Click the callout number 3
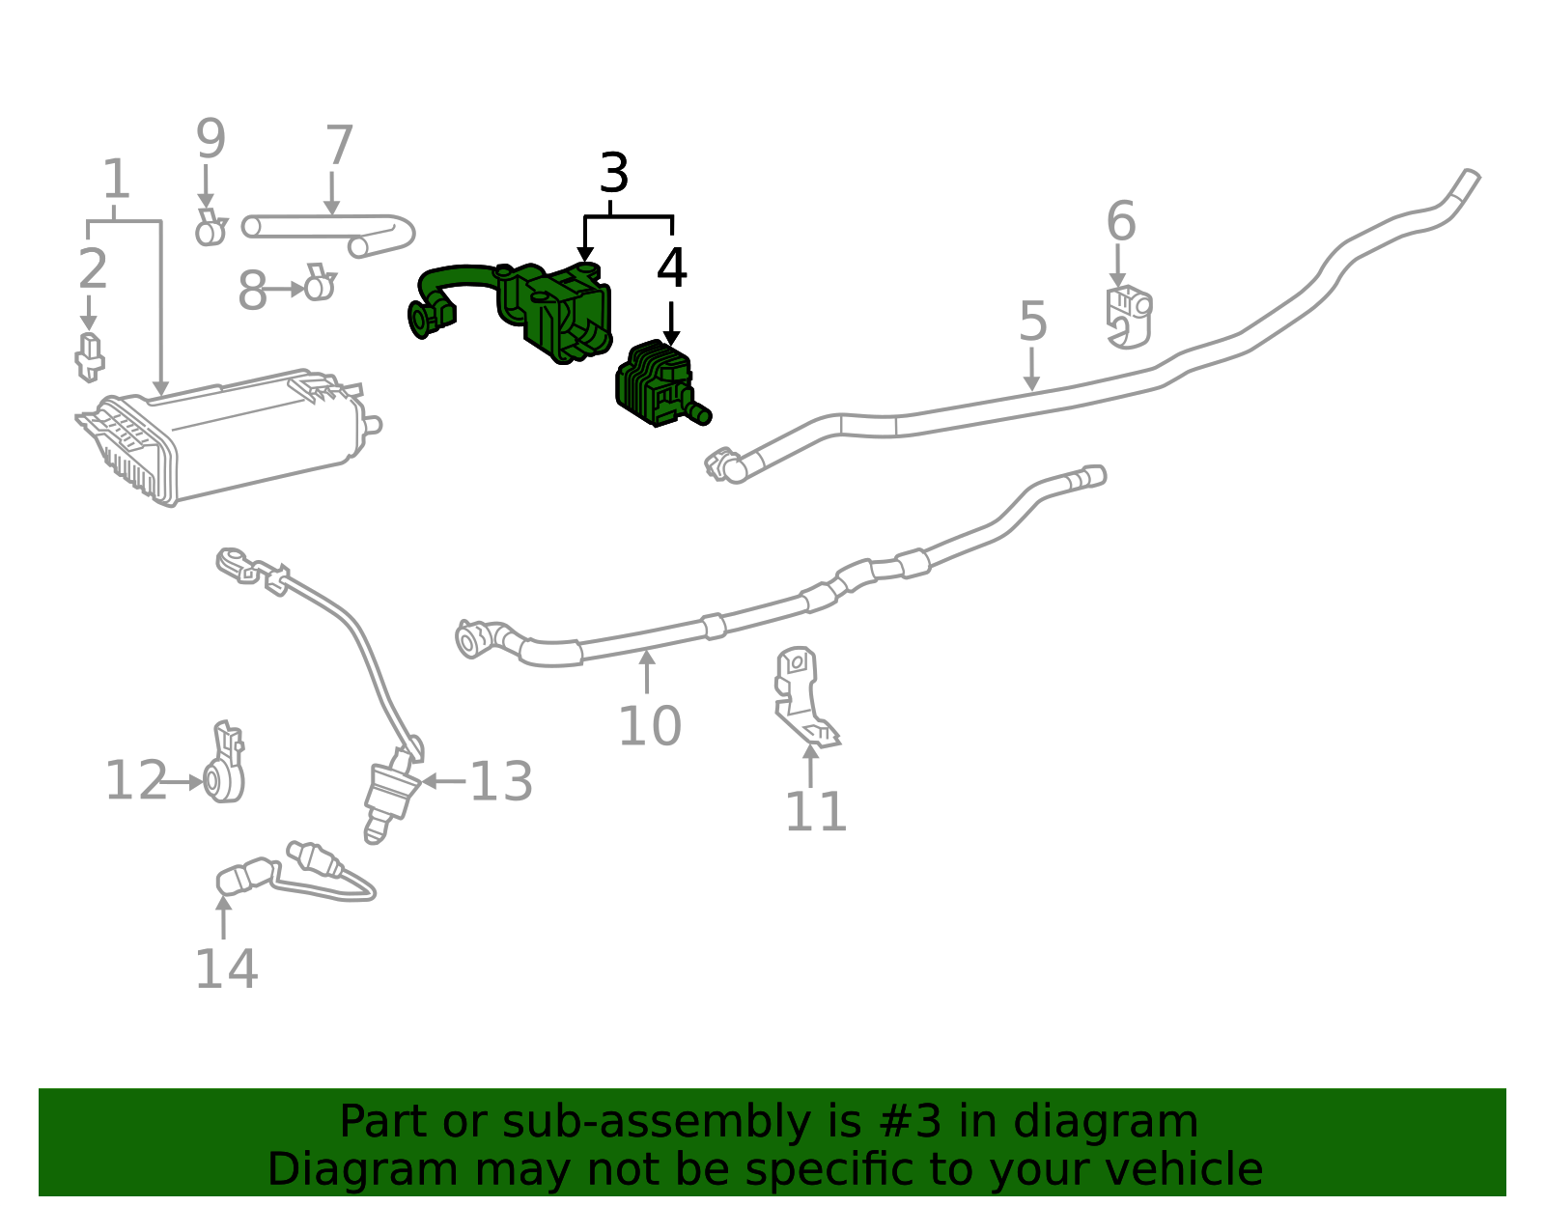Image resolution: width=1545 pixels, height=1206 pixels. point(614,173)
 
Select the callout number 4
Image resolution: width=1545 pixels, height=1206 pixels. point(672,267)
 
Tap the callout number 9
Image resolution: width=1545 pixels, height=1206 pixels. point(211,139)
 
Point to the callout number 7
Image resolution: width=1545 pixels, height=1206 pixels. point(339,145)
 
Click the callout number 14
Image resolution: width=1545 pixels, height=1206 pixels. point(226,968)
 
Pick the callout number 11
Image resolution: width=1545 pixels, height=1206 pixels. point(816,812)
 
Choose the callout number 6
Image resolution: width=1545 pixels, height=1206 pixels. point(1121,221)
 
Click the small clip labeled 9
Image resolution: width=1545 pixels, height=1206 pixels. point(211,228)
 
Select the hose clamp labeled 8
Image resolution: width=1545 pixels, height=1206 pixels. point(320,282)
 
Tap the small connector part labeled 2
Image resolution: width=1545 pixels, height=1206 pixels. point(90,356)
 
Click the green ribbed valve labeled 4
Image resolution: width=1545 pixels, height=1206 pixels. point(661,383)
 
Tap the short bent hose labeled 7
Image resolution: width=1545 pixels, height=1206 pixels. point(328,234)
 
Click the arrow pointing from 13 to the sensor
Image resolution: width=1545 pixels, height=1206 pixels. point(443,781)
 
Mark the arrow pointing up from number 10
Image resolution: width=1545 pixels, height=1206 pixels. point(647,671)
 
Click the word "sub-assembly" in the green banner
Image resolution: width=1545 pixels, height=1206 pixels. point(657,1121)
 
